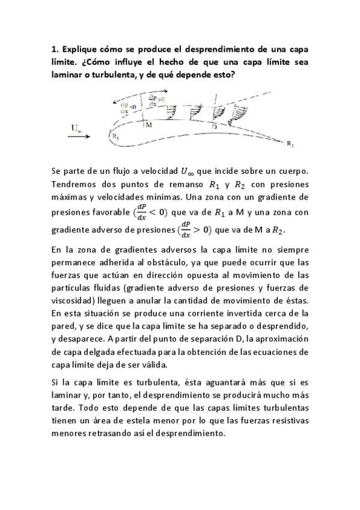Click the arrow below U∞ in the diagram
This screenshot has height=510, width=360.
(x=78, y=137)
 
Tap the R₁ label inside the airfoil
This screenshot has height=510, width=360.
(x=115, y=136)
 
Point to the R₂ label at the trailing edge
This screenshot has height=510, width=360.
(x=291, y=145)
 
